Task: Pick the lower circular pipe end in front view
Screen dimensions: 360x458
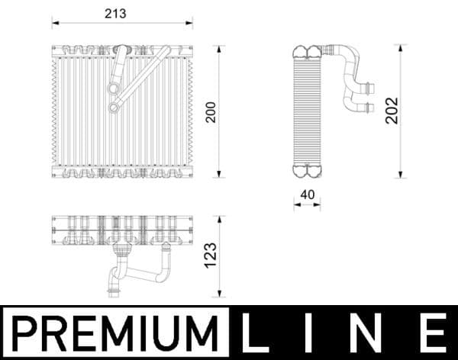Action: click(x=113, y=108)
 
